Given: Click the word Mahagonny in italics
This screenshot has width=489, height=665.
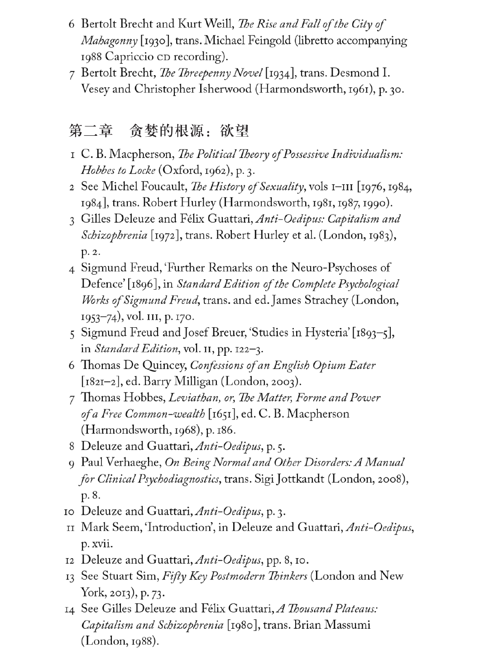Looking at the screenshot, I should [x=109, y=41].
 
